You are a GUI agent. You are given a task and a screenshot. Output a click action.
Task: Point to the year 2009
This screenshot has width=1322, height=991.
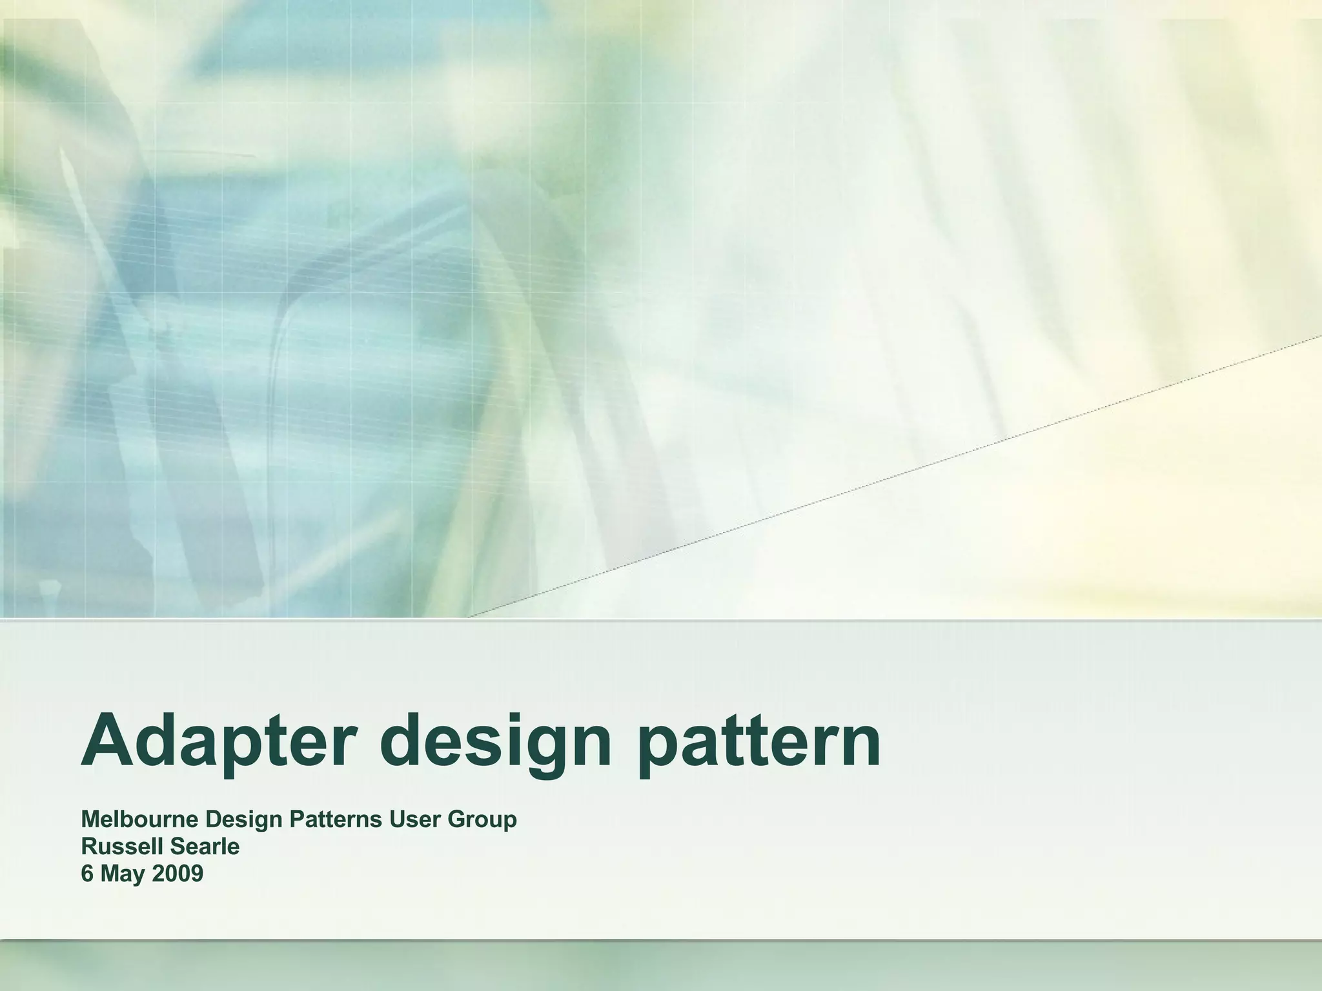pyautogui.click(x=178, y=874)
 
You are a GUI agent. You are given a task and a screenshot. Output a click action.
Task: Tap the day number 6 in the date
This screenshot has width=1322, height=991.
pyautogui.click(x=87, y=874)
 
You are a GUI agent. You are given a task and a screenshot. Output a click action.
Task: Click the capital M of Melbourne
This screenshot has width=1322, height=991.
pyautogui.click(x=91, y=819)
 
